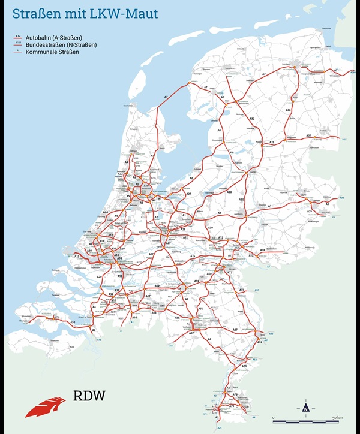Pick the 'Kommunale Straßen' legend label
[47, 52]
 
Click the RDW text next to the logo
[88, 396]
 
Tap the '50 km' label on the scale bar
[337, 417]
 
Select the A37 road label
[309, 136]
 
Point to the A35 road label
[304, 195]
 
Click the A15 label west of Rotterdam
[77, 257]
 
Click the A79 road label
[231, 406]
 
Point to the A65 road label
[162, 306]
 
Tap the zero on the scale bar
[274, 417]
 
